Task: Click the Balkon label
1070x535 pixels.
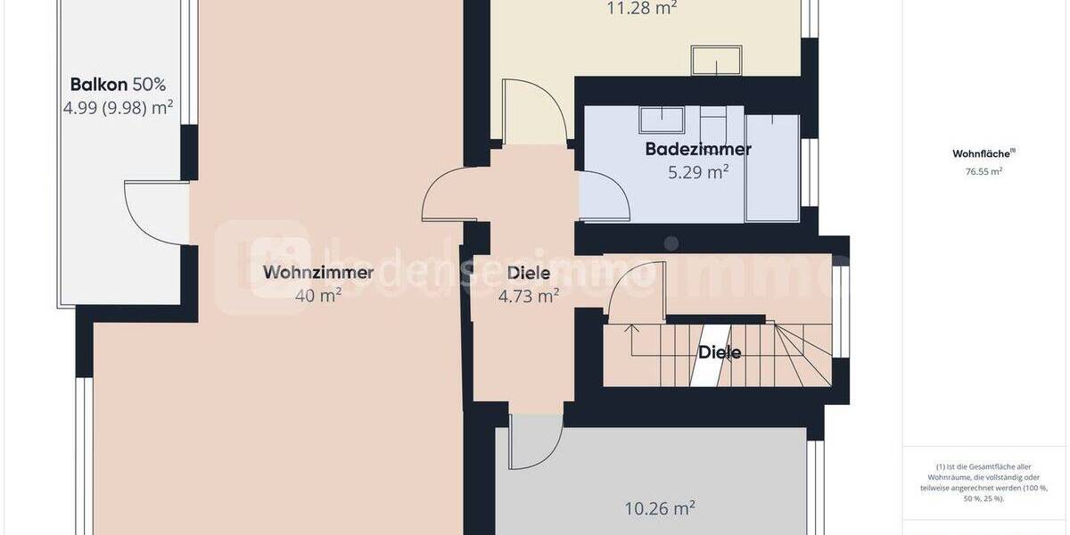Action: [101, 86]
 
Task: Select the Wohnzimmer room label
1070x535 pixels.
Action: [318, 273]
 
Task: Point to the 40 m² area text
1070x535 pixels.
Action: [318, 296]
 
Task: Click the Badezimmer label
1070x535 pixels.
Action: [698, 149]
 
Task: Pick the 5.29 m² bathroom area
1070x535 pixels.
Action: [698, 172]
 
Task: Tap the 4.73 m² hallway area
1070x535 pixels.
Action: [528, 296]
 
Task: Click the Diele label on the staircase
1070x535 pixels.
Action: [720, 352]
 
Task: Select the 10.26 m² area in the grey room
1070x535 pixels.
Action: [660, 509]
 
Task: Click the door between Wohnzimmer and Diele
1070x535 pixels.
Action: [450, 196]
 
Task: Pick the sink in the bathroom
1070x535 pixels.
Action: [661, 119]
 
